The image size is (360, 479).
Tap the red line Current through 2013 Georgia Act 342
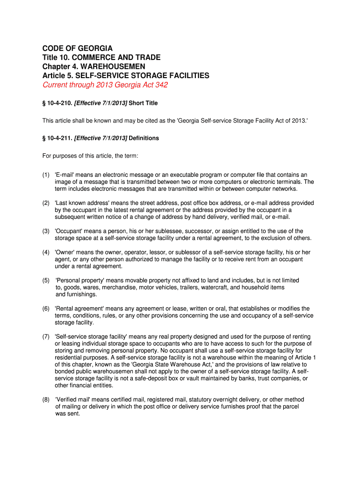click(x=105, y=85)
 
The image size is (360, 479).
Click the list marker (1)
click(x=46, y=175)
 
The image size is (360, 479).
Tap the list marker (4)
click(x=46, y=252)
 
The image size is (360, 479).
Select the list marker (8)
click(x=46, y=399)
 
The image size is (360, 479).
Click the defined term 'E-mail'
click(x=65, y=175)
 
